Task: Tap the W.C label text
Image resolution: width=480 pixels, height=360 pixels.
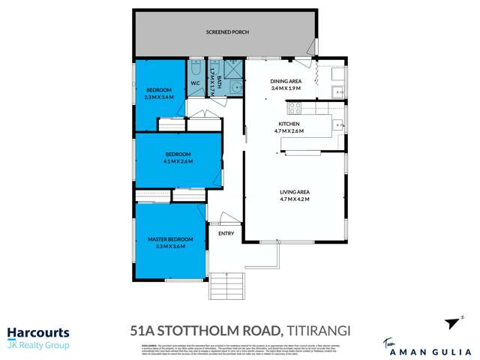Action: (194, 83)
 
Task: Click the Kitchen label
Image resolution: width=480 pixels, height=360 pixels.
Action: (289, 123)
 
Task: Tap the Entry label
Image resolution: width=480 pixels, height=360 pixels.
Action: (226, 233)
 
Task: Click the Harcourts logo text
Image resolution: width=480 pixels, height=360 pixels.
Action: (38, 333)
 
